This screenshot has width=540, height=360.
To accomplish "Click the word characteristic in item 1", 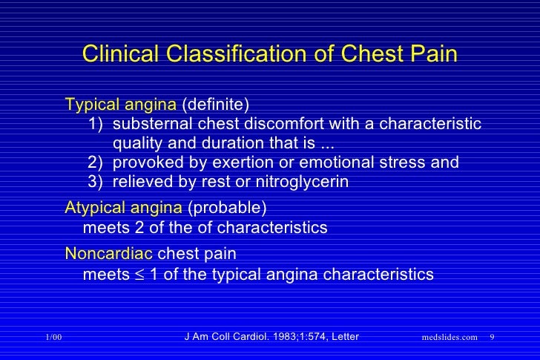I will point(430,122).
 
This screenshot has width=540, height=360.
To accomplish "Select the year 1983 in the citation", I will point(280,337).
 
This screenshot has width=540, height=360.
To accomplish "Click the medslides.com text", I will point(450,338).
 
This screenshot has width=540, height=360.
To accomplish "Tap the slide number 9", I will point(493,338).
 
